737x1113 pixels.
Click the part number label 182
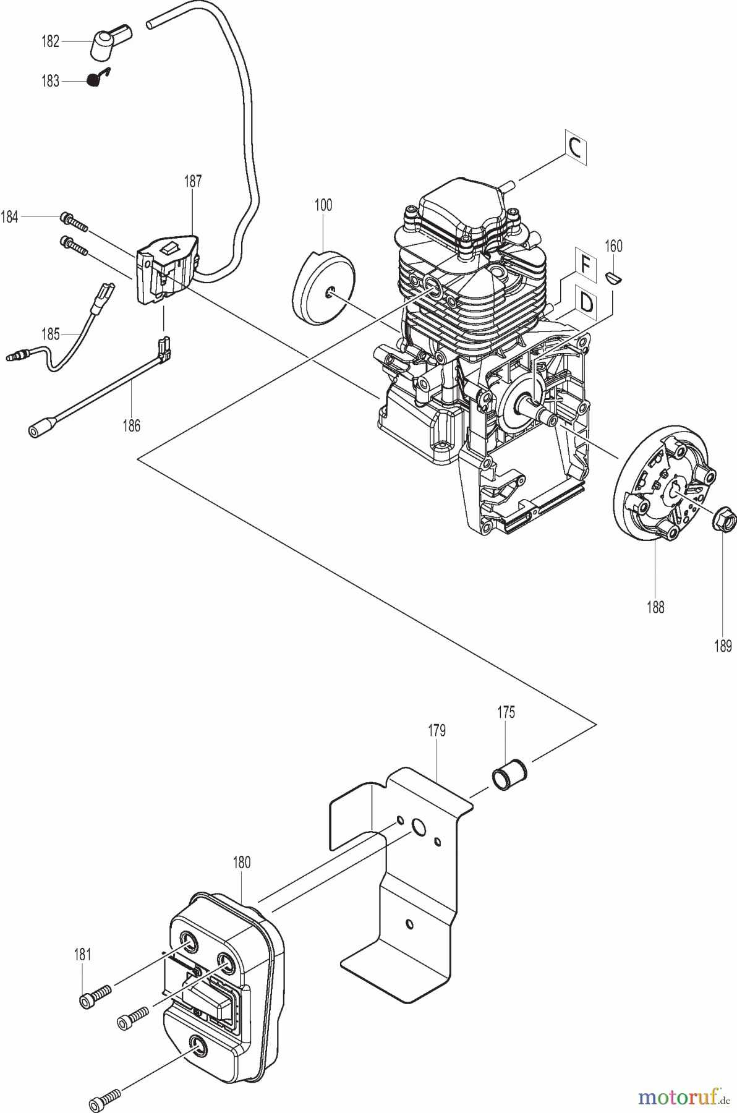click(x=50, y=41)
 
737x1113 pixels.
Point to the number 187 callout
click(x=193, y=181)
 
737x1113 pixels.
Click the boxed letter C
click(x=574, y=148)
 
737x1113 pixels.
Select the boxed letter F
click(x=584, y=264)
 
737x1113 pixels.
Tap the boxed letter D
click(x=586, y=304)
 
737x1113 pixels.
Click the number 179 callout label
click(x=437, y=730)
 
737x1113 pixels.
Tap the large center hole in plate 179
click(x=419, y=828)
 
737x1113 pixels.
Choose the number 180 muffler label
click(x=242, y=862)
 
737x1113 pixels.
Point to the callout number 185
click(x=50, y=335)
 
